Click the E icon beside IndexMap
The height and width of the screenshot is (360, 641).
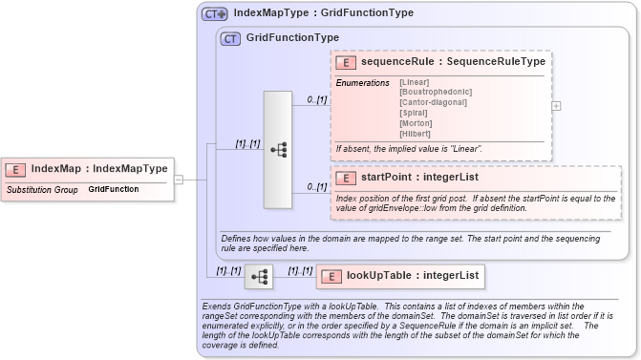(15, 169)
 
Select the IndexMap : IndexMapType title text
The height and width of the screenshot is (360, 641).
(99, 169)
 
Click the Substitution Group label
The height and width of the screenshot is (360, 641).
(41, 190)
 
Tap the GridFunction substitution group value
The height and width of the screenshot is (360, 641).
(113, 190)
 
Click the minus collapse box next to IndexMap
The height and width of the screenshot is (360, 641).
(179, 179)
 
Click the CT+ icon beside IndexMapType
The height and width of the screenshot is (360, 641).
(214, 14)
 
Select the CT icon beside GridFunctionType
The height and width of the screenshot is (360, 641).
(230, 39)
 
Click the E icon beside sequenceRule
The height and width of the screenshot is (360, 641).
(344, 61)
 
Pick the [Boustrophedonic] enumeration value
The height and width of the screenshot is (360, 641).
(435, 92)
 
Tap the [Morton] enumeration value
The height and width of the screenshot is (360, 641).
(416, 122)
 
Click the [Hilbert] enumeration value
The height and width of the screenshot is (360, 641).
(416, 133)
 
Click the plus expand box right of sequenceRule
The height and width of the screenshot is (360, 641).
(556, 106)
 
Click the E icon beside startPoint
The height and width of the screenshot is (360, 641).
(344, 178)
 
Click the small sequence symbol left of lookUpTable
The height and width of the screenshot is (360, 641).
(258, 277)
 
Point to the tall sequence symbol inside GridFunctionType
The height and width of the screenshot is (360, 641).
(277, 150)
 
